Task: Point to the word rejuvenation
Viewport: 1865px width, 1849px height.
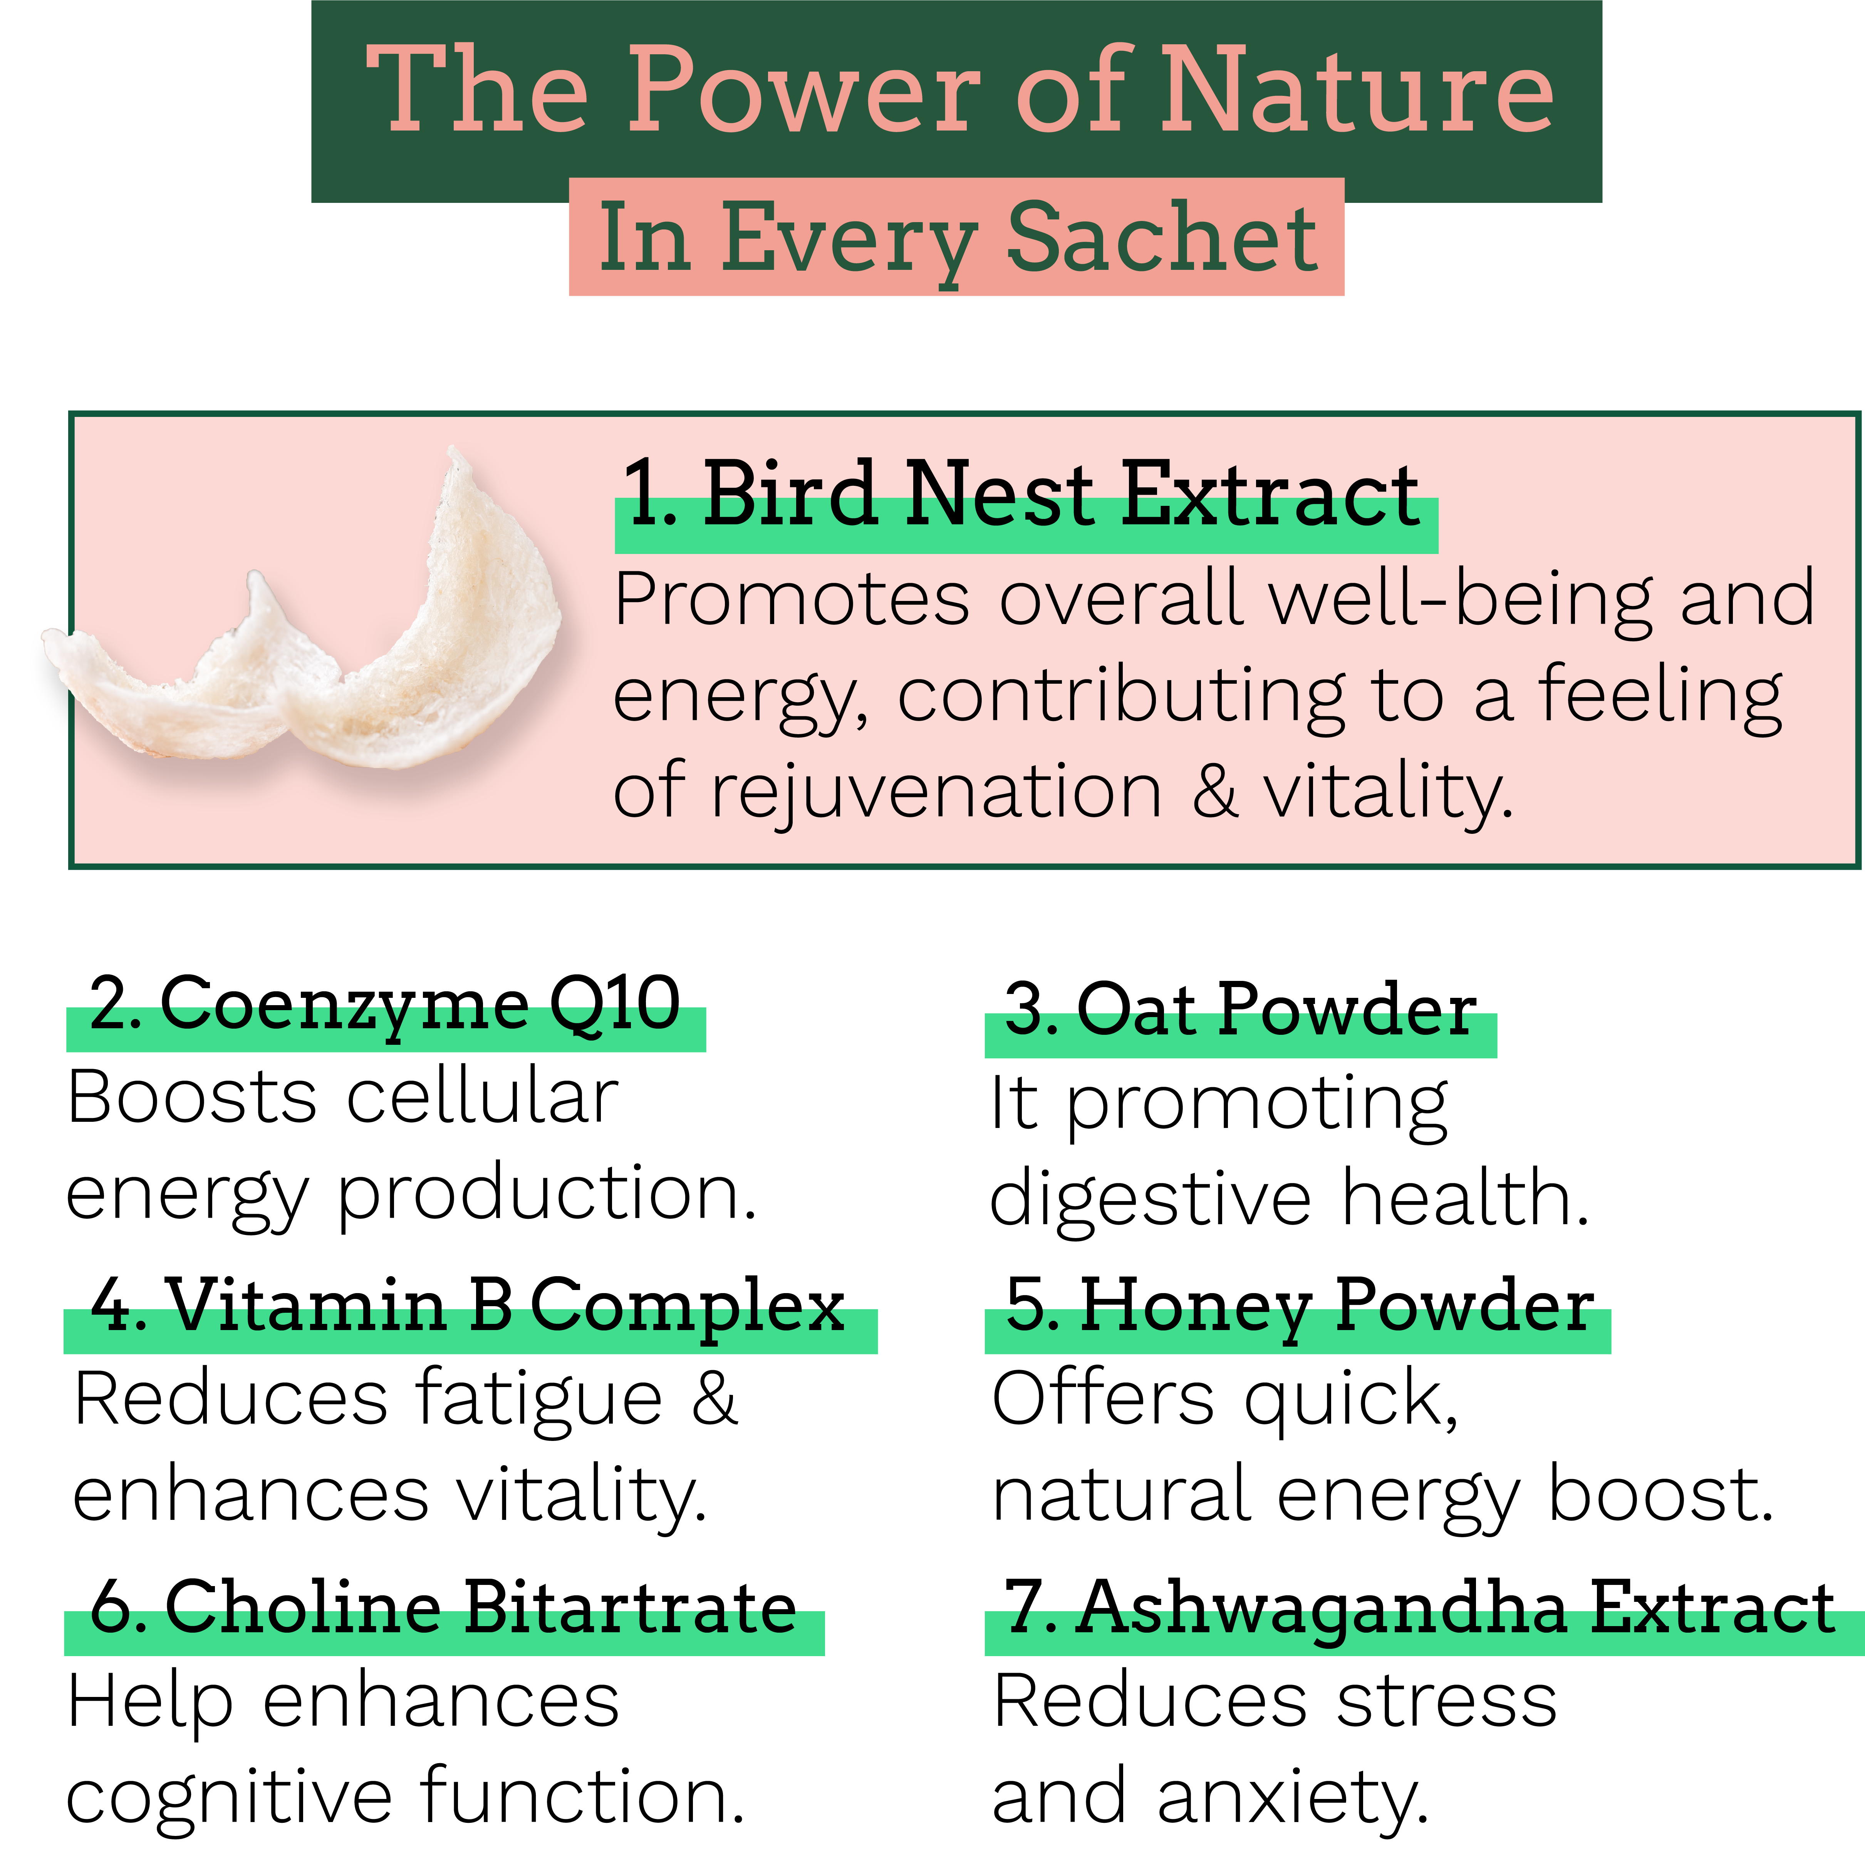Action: [x=936, y=791]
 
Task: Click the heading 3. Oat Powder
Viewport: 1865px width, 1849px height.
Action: [x=1240, y=1011]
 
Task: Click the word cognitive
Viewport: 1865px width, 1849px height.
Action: [x=230, y=1797]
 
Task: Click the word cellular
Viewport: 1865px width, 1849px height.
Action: [x=483, y=1098]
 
